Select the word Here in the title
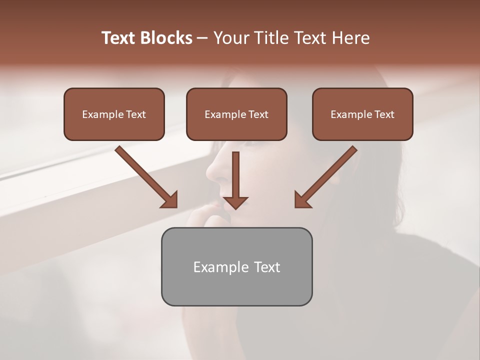[x=350, y=38]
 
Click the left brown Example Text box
[x=114, y=114]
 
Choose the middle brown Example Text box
[x=236, y=114]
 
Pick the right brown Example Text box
[x=362, y=114]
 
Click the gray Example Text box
[x=236, y=266]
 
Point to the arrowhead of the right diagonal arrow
[x=302, y=199]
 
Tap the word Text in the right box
[x=384, y=114]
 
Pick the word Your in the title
[x=230, y=38]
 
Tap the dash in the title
[x=202, y=38]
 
